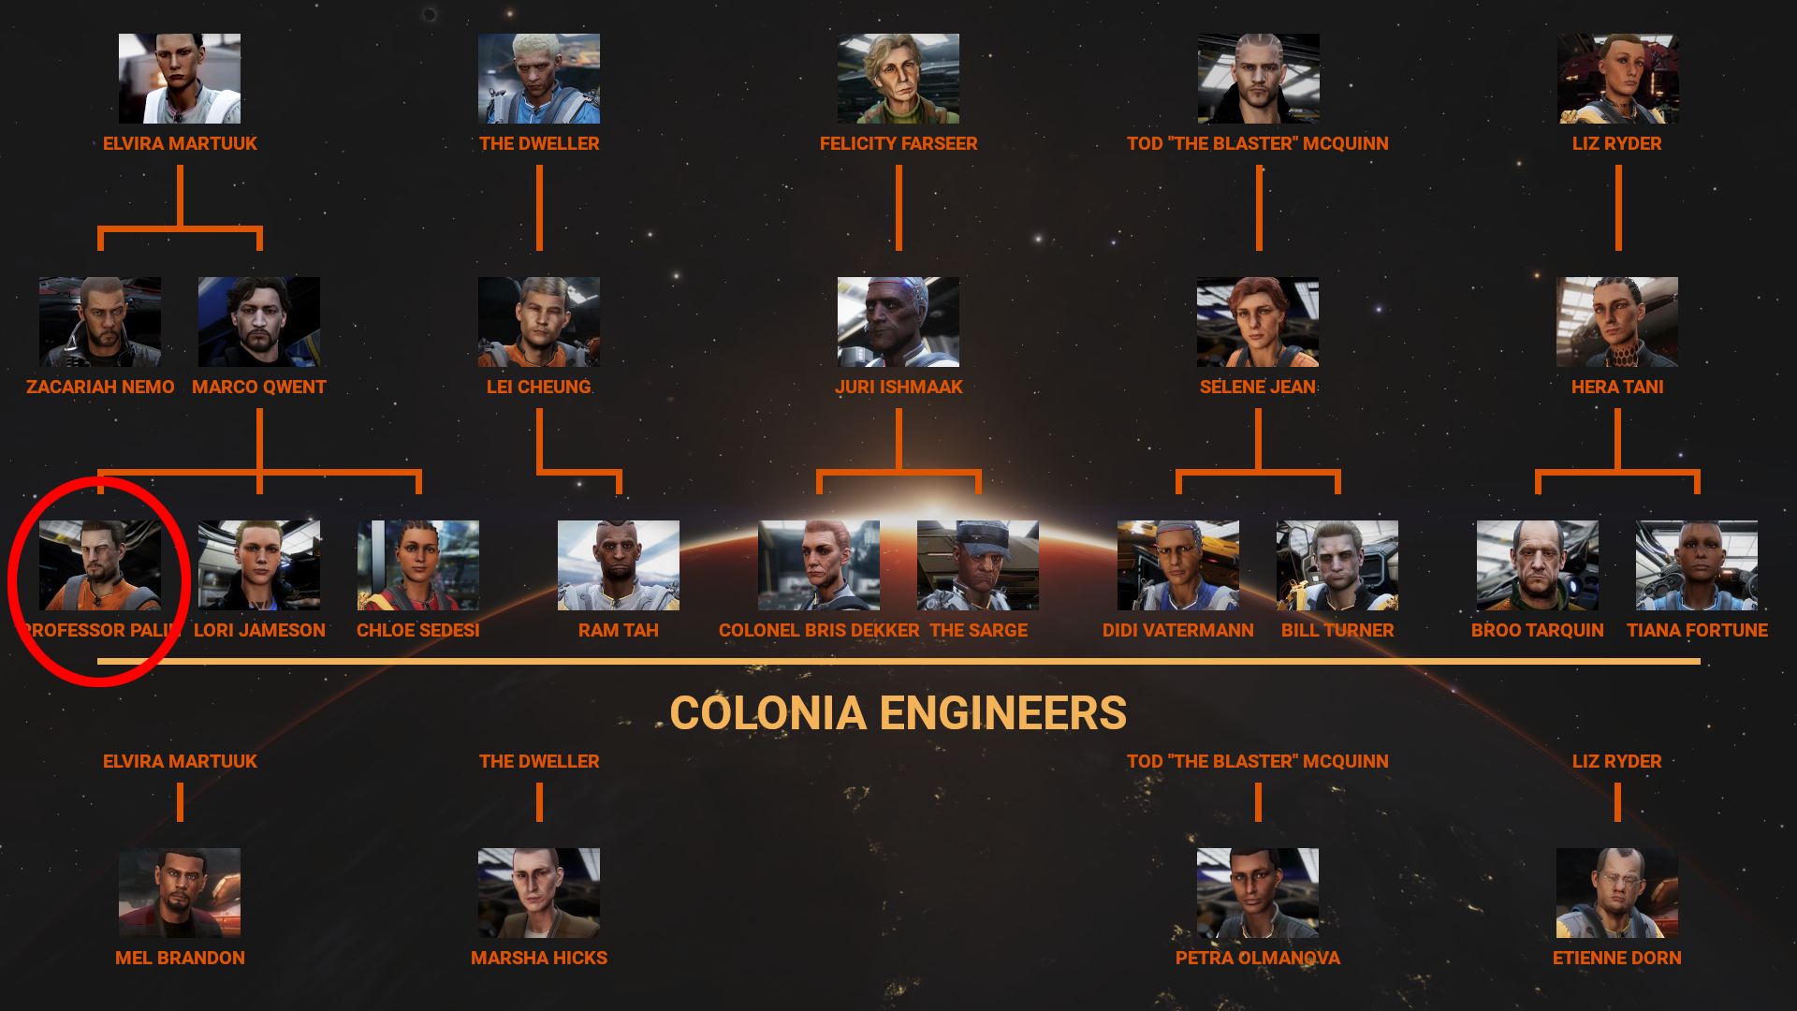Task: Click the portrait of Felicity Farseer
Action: [x=898, y=79]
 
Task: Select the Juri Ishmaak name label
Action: [x=898, y=387]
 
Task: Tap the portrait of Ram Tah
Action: [x=619, y=565]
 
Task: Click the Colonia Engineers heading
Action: [x=898, y=713]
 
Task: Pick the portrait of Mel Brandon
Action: [x=180, y=893]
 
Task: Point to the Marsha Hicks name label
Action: [x=539, y=958]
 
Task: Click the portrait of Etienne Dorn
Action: [x=1617, y=893]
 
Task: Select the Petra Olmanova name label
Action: [x=1258, y=958]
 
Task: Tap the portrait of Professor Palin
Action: [x=100, y=565]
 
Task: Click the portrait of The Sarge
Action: [x=978, y=565]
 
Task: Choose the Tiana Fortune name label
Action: [x=1697, y=630]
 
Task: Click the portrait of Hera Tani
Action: [x=1617, y=322]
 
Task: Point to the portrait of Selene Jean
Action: [x=1258, y=322]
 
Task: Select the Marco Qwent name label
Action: [x=259, y=387]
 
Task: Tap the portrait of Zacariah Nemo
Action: [x=100, y=322]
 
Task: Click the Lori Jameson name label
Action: [x=259, y=630]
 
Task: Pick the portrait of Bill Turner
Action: [x=1337, y=565]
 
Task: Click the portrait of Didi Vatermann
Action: [x=1178, y=565]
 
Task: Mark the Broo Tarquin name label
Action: [x=1538, y=630]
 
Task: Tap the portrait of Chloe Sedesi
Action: [x=418, y=565]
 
